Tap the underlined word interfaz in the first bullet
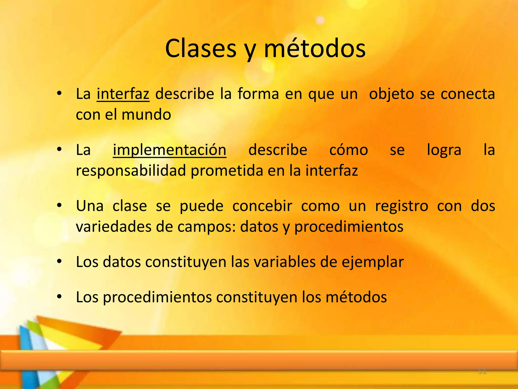pyautogui.click(x=123, y=94)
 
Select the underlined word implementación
pyautogui.click(x=169, y=150)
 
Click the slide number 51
pyautogui.click(x=482, y=372)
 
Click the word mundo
pyautogui.click(x=146, y=114)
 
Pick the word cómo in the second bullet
pyautogui.click(x=349, y=150)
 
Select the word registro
pyautogui.click(x=402, y=206)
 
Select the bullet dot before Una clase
pyautogui.click(x=59, y=206)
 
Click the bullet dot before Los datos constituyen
pyautogui.click(x=59, y=262)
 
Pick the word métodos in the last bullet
pyautogui.click(x=356, y=297)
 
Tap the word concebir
pyautogui.click(x=262, y=206)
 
